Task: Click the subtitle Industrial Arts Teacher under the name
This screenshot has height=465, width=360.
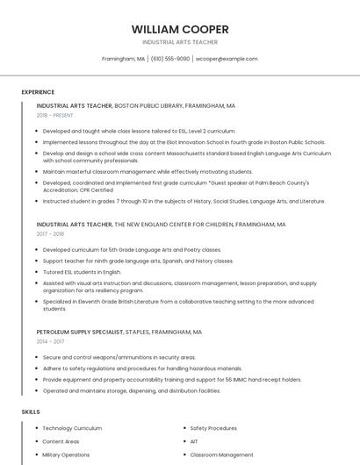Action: click(x=179, y=42)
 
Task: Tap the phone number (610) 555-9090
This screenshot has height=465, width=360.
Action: click(x=169, y=59)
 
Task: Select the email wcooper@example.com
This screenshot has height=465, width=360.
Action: click(x=227, y=59)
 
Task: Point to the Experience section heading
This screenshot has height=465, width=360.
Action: click(x=38, y=92)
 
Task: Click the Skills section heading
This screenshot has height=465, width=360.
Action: click(x=31, y=411)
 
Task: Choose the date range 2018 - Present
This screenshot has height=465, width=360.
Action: click(x=54, y=115)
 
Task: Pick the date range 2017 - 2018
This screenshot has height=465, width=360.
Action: click(x=50, y=234)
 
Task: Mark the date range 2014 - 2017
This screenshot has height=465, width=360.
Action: click(x=50, y=342)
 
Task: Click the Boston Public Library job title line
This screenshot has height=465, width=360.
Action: click(x=135, y=105)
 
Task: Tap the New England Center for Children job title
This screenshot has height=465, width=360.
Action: click(x=161, y=225)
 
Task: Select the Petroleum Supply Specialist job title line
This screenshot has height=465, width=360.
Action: click(x=119, y=333)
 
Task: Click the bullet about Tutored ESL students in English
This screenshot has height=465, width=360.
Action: click(x=82, y=272)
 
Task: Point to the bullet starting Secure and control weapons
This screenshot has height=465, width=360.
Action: click(x=119, y=357)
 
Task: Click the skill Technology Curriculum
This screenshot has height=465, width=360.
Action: click(x=72, y=428)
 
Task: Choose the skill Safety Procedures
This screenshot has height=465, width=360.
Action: click(x=213, y=428)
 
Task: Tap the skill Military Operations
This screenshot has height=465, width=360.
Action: click(x=66, y=455)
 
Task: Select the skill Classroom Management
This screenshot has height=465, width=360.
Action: click(x=221, y=455)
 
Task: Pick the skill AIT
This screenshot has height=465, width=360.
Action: click(x=194, y=441)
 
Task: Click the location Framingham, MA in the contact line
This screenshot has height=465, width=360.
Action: click(x=124, y=59)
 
